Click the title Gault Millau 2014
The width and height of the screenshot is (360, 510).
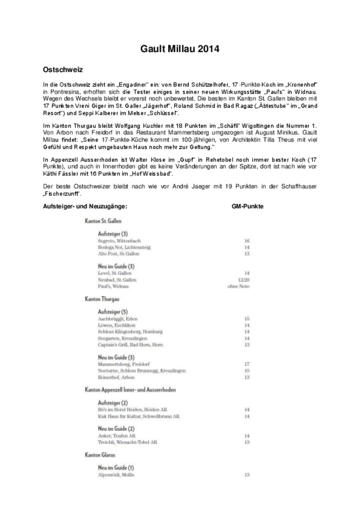[x=180, y=49]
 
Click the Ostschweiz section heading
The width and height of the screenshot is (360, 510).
[x=63, y=69]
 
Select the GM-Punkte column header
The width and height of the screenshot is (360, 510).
[x=247, y=206]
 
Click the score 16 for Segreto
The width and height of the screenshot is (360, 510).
[x=247, y=241]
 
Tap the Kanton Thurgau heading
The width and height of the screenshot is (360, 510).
[x=102, y=299]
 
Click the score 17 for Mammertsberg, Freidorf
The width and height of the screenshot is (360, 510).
[x=247, y=364]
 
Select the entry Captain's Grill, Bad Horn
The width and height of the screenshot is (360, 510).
[x=130, y=345]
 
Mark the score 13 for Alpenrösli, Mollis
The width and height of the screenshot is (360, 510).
[x=247, y=475]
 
